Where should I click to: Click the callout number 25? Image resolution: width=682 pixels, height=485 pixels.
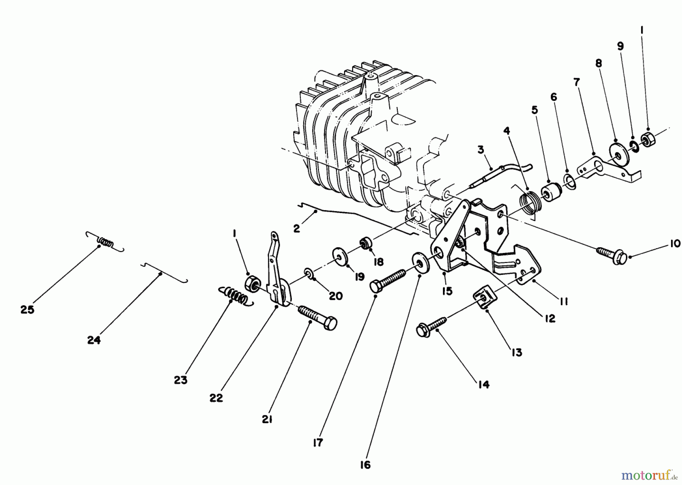pos(27,310)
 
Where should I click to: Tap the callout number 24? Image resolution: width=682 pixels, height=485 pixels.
pos(94,340)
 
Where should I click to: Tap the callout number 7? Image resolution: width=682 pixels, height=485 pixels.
pos(577,82)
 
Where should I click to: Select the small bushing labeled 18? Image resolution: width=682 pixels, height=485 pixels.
pos(366,242)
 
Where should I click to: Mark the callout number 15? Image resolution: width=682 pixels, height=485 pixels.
pos(447,291)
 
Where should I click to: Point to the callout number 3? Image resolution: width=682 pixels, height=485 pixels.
pos(480,150)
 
